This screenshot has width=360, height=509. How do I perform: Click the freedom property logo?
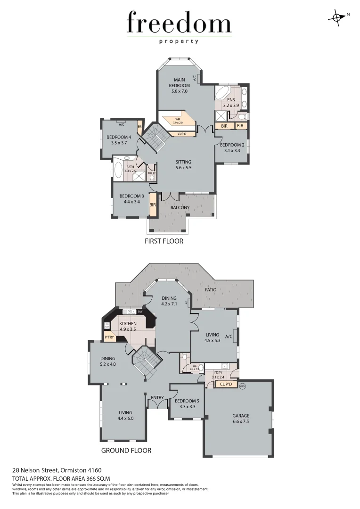tap(179, 27)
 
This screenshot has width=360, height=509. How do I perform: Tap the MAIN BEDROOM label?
tap(180, 85)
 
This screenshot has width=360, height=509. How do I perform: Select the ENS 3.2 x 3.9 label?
tap(231, 103)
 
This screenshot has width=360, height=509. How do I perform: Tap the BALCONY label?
tap(180, 207)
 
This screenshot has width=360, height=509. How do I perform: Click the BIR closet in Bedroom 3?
tap(153, 205)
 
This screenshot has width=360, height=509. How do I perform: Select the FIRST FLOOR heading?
tap(164, 241)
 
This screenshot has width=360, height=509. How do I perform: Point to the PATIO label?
tap(210, 290)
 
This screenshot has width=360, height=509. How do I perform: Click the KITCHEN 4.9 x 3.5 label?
tap(128, 326)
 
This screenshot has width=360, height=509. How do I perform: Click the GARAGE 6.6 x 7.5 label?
tap(240, 419)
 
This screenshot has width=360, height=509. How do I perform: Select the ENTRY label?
tap(157, 398)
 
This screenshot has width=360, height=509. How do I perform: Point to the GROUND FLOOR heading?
tap(126, 450)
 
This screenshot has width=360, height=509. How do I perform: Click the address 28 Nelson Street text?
tap(57, 470)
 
